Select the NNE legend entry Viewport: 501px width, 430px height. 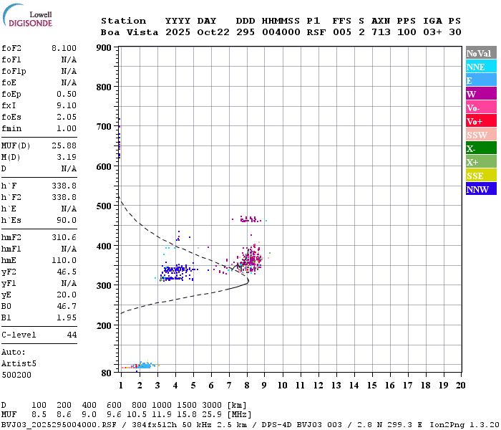[481, 67]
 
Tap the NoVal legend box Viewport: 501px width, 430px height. [481, 53]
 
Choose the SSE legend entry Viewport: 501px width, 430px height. [481, 176]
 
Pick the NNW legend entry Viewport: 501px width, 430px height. [481, 189]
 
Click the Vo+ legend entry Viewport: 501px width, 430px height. [481, 121]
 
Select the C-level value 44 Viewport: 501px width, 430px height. [72, 335]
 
